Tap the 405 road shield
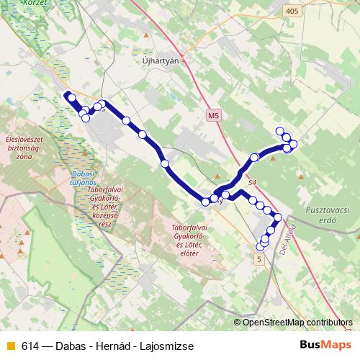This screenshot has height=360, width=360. [291, 11]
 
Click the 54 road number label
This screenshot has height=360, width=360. [252, 184]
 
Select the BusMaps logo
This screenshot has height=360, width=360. [322, 346]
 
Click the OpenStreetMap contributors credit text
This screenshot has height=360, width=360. [297, 323]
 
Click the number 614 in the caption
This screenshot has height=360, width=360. [30, 346]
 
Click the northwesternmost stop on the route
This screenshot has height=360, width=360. [71, 97]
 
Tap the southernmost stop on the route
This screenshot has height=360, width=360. [261, 247]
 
